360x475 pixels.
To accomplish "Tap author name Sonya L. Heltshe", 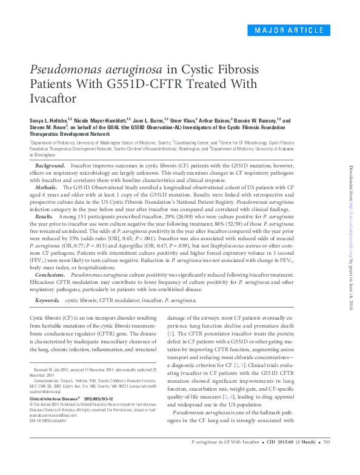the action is pyautogui.click(x=53, y=121).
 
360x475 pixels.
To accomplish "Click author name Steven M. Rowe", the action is pyautogui.click(x=50, y=128).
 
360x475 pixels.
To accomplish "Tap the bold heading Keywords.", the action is pyautogui.click(x=48, y=300).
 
